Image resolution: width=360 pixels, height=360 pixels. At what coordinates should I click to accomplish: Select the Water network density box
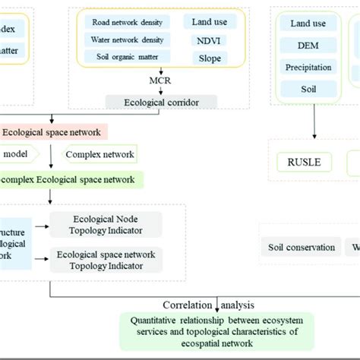click(128, 40)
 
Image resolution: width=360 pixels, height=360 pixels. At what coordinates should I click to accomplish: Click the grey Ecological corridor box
click(160, 102)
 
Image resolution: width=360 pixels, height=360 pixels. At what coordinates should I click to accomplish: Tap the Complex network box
click(101, 155)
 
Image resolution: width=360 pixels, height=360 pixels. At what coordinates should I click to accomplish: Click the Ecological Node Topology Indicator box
click(106, 224)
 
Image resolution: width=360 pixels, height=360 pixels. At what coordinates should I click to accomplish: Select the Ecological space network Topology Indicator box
click(106, 261)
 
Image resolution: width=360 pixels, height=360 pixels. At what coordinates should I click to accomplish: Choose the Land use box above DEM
click(314, 24)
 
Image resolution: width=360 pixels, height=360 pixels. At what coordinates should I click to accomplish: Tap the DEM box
click(314, 46)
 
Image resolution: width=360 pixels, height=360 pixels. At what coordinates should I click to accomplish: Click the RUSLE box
click(303, 162)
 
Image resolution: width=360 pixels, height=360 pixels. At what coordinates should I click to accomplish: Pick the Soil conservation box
click(301, 247)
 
